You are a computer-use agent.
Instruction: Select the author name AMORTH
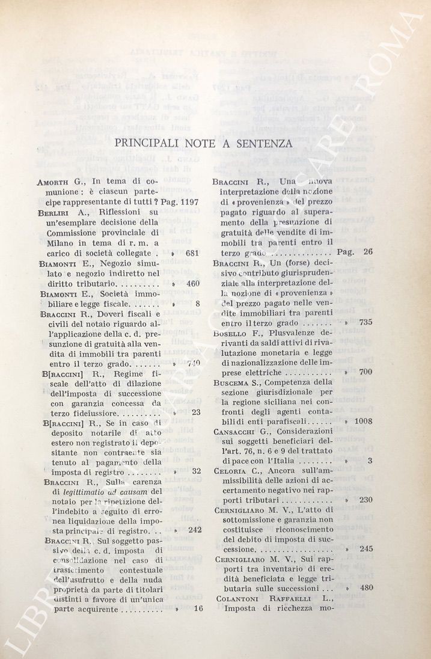[x=53, y=182]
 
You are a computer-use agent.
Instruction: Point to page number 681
[x=192, y=253]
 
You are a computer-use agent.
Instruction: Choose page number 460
[x=192, y=283]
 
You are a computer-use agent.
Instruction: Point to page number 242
[x=194, y=530]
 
